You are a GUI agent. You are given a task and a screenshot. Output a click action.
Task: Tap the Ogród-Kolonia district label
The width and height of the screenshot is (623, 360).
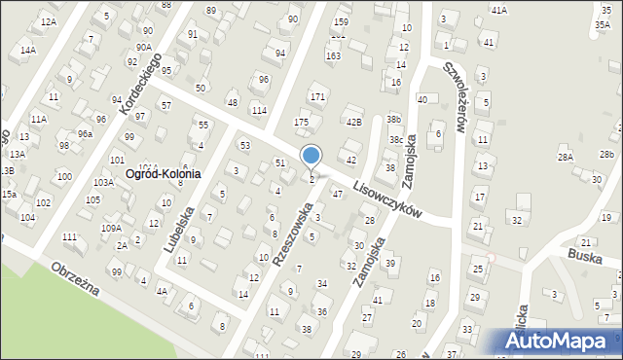click(164, 174)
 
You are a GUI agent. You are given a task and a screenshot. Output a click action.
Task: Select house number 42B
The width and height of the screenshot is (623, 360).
click(354, 122)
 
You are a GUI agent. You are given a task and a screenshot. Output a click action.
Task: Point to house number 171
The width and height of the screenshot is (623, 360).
click(317, 97)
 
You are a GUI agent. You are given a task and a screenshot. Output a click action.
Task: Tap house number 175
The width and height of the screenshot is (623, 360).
click(302, 122)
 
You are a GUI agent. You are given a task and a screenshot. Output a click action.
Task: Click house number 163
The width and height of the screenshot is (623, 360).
click(334, 56)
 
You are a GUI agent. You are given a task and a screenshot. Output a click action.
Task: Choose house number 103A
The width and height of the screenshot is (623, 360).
click(103, 182)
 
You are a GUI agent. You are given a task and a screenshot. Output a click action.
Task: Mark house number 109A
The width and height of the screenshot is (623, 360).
click(111, 228)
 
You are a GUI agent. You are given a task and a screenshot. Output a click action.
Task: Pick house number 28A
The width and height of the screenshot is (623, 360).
click(566, 156)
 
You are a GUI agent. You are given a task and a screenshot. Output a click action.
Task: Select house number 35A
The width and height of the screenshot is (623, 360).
click(605, 24)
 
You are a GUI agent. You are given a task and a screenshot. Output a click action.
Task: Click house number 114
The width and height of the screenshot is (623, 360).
click(259, 110)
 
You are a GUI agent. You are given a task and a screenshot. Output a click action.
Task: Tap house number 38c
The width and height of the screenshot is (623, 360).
click(396, 140)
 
